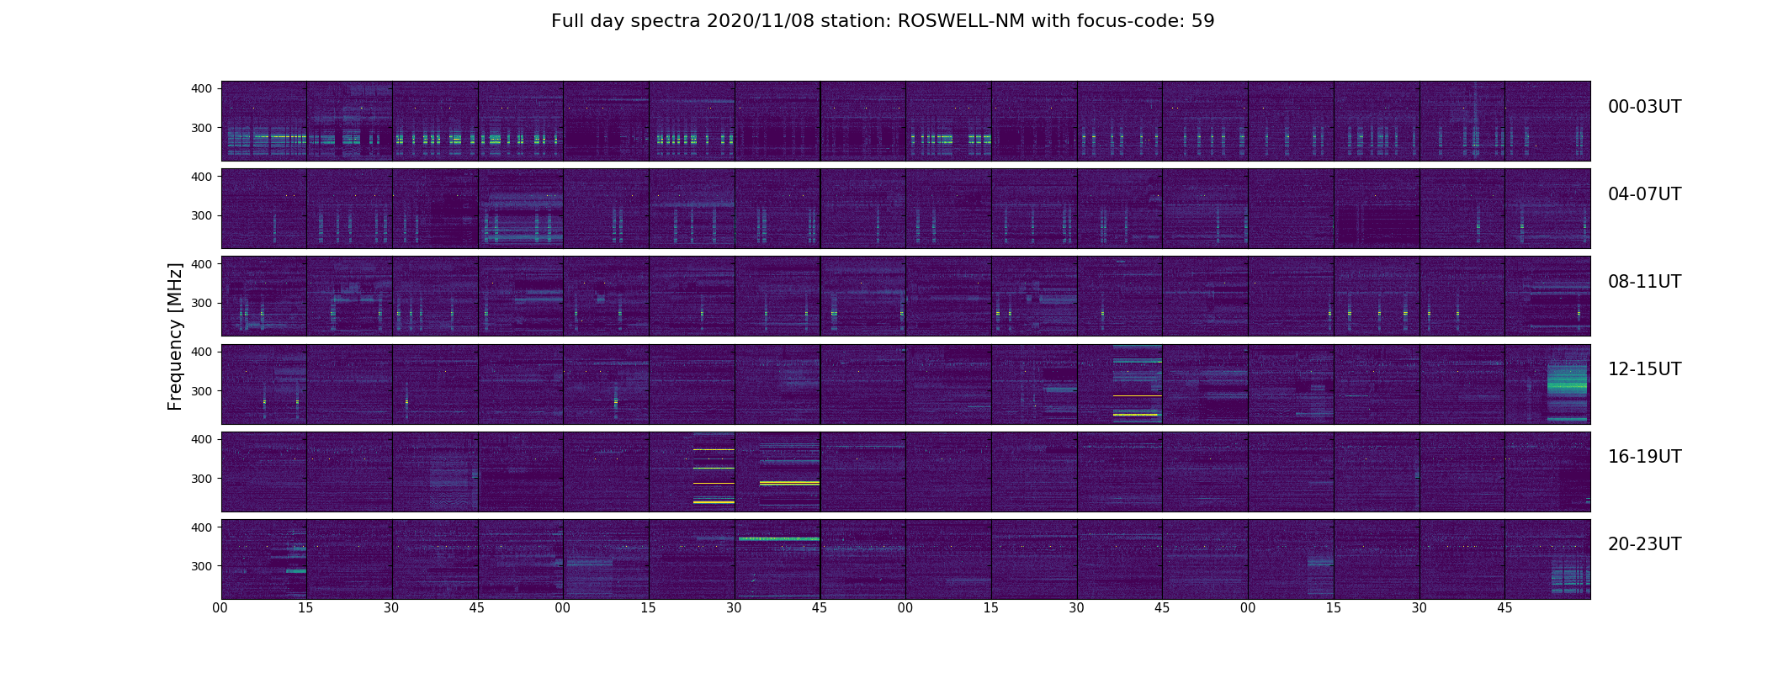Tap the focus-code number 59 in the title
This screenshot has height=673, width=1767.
[1202, 21]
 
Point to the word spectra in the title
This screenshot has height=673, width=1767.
[670, 21]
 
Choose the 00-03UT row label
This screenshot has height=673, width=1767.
[1644, 107]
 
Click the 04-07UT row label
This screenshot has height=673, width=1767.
[1644, 194]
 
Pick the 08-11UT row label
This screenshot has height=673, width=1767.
[1644, 282]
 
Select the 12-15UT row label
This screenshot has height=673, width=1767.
[1644, 369]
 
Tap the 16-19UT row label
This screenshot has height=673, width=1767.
[1644, 457]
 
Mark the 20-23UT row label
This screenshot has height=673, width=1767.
[1644, 544]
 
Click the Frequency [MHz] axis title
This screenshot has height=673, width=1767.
[175, 336]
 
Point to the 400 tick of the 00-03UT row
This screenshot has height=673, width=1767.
[202, 88]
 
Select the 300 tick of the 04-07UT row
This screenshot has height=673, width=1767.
[202, 215]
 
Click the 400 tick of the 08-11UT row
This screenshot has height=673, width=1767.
[202, 263]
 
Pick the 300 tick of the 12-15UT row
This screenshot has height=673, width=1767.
[202, 390]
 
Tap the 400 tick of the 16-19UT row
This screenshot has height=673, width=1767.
[202, 438]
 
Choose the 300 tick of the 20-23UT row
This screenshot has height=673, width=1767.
[202, 565]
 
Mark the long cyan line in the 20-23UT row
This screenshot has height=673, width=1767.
[778, 538]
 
